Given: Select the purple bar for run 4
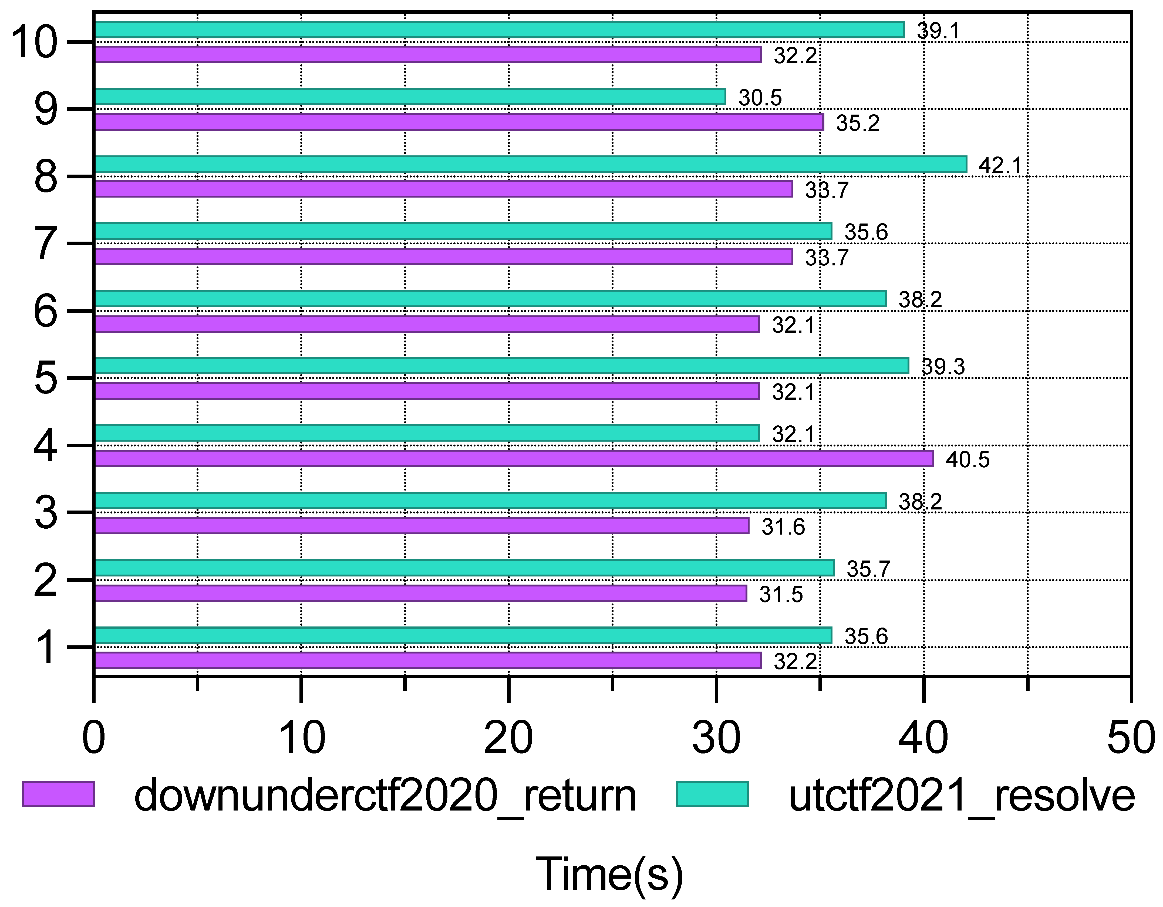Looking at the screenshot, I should (514, 458).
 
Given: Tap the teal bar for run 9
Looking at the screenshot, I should (410, 96).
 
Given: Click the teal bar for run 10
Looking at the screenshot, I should (500, 30).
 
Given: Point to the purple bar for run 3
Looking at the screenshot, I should (422, 525).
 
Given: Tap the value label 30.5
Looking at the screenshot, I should (760, 98).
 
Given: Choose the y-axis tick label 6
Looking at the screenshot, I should (45, 312).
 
